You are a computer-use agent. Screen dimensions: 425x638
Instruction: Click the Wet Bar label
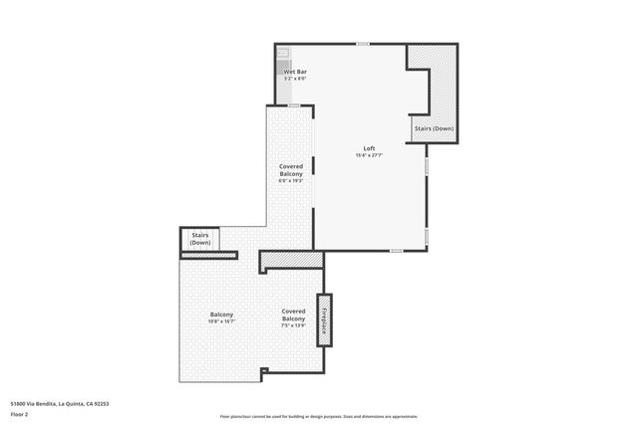point(295,73)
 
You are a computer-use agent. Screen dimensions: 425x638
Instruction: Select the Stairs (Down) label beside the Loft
point(434,128)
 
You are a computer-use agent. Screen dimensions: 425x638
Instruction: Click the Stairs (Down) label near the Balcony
point(200,240)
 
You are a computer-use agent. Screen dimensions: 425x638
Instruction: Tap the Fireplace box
point(324,319)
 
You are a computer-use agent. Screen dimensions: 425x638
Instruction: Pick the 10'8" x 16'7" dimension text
point(221,321)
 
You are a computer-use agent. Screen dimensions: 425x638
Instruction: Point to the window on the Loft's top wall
point(364,44)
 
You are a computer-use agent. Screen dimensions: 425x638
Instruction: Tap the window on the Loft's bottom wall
point(396,251)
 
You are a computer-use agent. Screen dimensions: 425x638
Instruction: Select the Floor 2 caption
point(20,414)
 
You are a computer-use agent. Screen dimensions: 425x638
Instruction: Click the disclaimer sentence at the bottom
point(319,416)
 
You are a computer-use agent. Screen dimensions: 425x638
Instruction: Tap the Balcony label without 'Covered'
point(221,315)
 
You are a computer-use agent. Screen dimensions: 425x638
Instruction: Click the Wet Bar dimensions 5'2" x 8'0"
point(295,80)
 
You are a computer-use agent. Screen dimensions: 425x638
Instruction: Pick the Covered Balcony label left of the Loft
point(290,170)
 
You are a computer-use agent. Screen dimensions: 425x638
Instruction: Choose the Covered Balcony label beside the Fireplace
point(293,315)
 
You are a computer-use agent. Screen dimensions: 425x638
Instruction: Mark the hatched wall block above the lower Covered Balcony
point(291,261)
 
